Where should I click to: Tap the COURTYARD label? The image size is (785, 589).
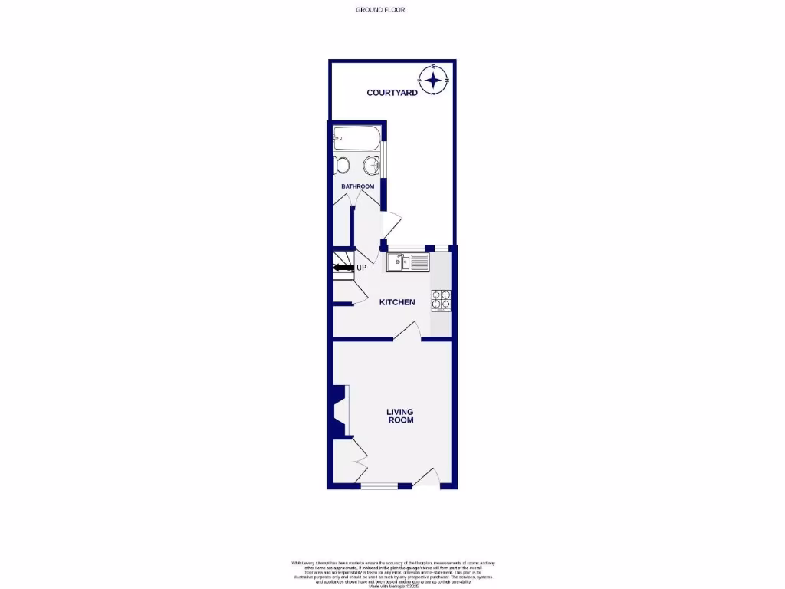click(x=392, y=93)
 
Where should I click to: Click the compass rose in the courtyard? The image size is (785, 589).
click(x=434, y=80)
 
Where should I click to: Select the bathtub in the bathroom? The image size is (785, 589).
click(x=355, y=140)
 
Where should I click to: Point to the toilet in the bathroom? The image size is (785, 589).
click(x=342, y=165)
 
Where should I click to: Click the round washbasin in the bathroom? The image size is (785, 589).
click(x=371, y=165)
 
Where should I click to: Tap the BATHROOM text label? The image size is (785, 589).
click(x=357, y=186)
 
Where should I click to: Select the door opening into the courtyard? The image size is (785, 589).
click(x=391, y=225)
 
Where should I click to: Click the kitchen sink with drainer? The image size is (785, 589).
click(x=409, y=262)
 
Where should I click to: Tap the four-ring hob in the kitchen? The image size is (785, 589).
click(x=442, y=299)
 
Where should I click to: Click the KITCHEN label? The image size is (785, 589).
click(x=398, y=302)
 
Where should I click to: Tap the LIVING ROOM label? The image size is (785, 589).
click(x=399, y=416)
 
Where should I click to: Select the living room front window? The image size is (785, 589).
click(x=379, y=486)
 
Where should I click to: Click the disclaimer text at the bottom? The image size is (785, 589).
click(x=392, y=574)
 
